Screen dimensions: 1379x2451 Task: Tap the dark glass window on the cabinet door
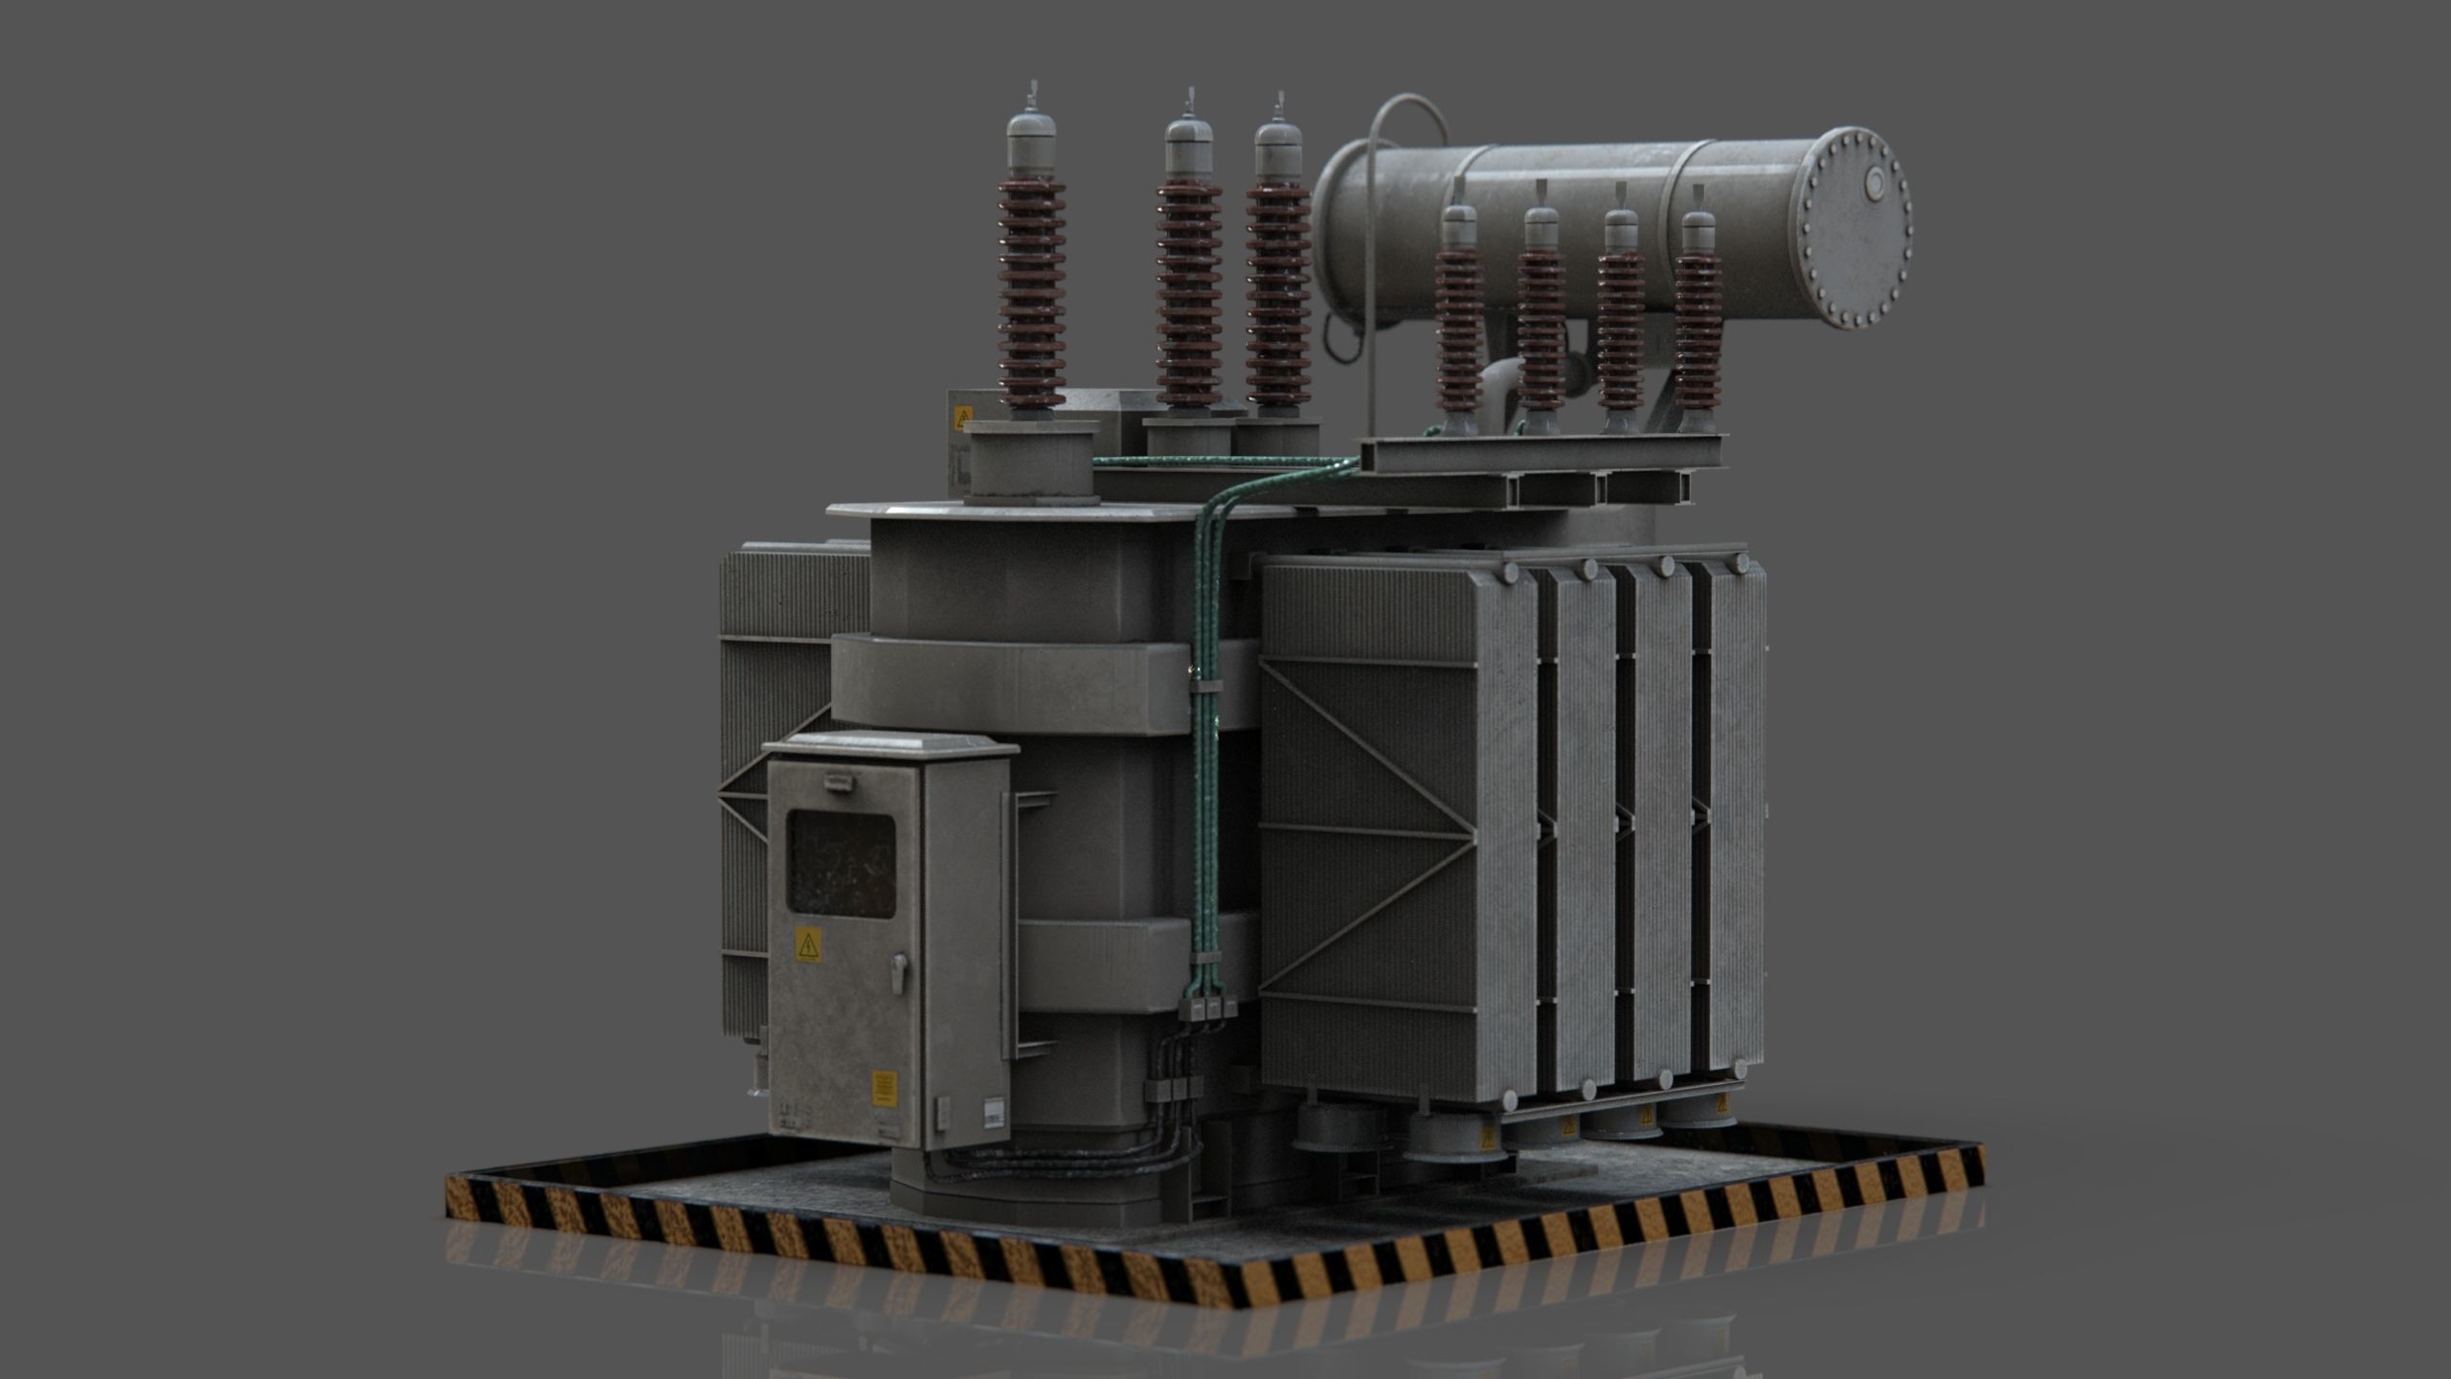tap(841, 864)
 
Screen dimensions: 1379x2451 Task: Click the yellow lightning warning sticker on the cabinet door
tap(808, 944)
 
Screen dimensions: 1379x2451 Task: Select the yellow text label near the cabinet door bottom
tap(884, 1089)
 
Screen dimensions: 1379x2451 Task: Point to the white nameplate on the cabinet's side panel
tap(994, 1112)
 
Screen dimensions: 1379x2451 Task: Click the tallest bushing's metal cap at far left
tap(1031, 142)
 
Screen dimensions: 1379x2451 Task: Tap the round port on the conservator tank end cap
tap(1874, 184)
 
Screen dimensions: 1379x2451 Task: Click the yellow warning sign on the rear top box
tap(962, 418)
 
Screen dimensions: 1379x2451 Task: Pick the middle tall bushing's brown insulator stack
tap(1189, 292)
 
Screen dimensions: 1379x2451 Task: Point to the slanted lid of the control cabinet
tap(890, 745)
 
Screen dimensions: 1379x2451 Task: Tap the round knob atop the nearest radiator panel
tap(1510, 573)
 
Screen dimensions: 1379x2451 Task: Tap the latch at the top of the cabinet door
tap(838, 782)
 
